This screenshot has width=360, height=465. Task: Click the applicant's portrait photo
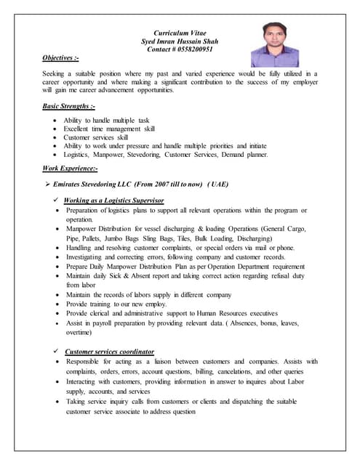(x=274, y=44)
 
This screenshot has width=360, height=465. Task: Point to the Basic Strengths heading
(x=68, y=106)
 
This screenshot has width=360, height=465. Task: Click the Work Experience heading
(x=70, y=169)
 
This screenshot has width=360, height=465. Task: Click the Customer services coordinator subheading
(x=110, y=351)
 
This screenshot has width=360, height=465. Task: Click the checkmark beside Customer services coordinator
(x=57, y=351)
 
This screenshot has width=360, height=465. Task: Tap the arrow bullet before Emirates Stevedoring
(x=48, y=185)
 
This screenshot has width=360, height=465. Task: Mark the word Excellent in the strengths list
(x=78, y=129)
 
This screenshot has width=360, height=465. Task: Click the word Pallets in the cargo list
(x=94, y=238)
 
